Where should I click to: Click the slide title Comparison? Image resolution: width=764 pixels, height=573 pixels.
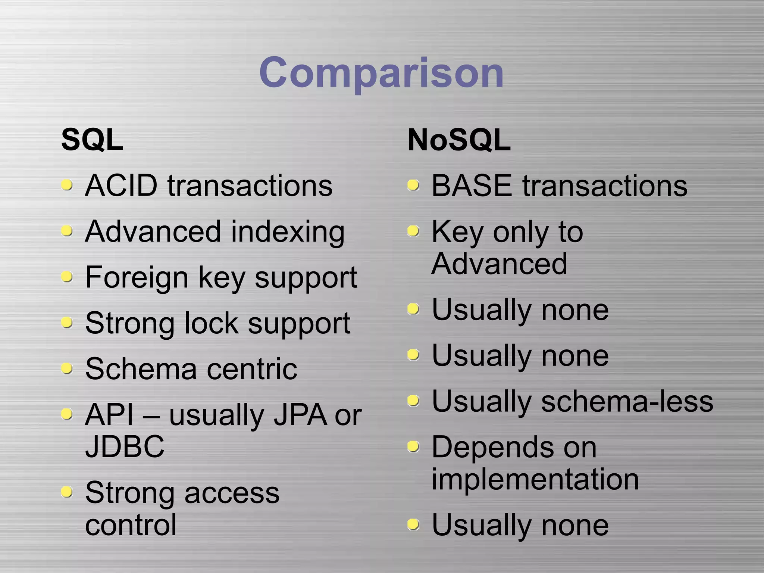381,72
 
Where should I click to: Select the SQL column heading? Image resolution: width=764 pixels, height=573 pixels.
92,140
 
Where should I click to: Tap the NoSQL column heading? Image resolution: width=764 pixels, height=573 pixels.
459,140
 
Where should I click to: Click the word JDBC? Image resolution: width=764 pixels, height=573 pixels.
125,446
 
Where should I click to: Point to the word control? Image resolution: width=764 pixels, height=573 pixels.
131,524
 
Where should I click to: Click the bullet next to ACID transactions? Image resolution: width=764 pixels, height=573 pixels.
67,185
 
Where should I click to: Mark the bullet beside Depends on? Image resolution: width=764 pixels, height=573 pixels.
413,446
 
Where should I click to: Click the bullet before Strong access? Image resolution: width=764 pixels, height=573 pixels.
67,492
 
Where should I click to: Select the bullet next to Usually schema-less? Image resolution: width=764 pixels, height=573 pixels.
413,401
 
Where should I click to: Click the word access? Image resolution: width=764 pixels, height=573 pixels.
232,493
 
